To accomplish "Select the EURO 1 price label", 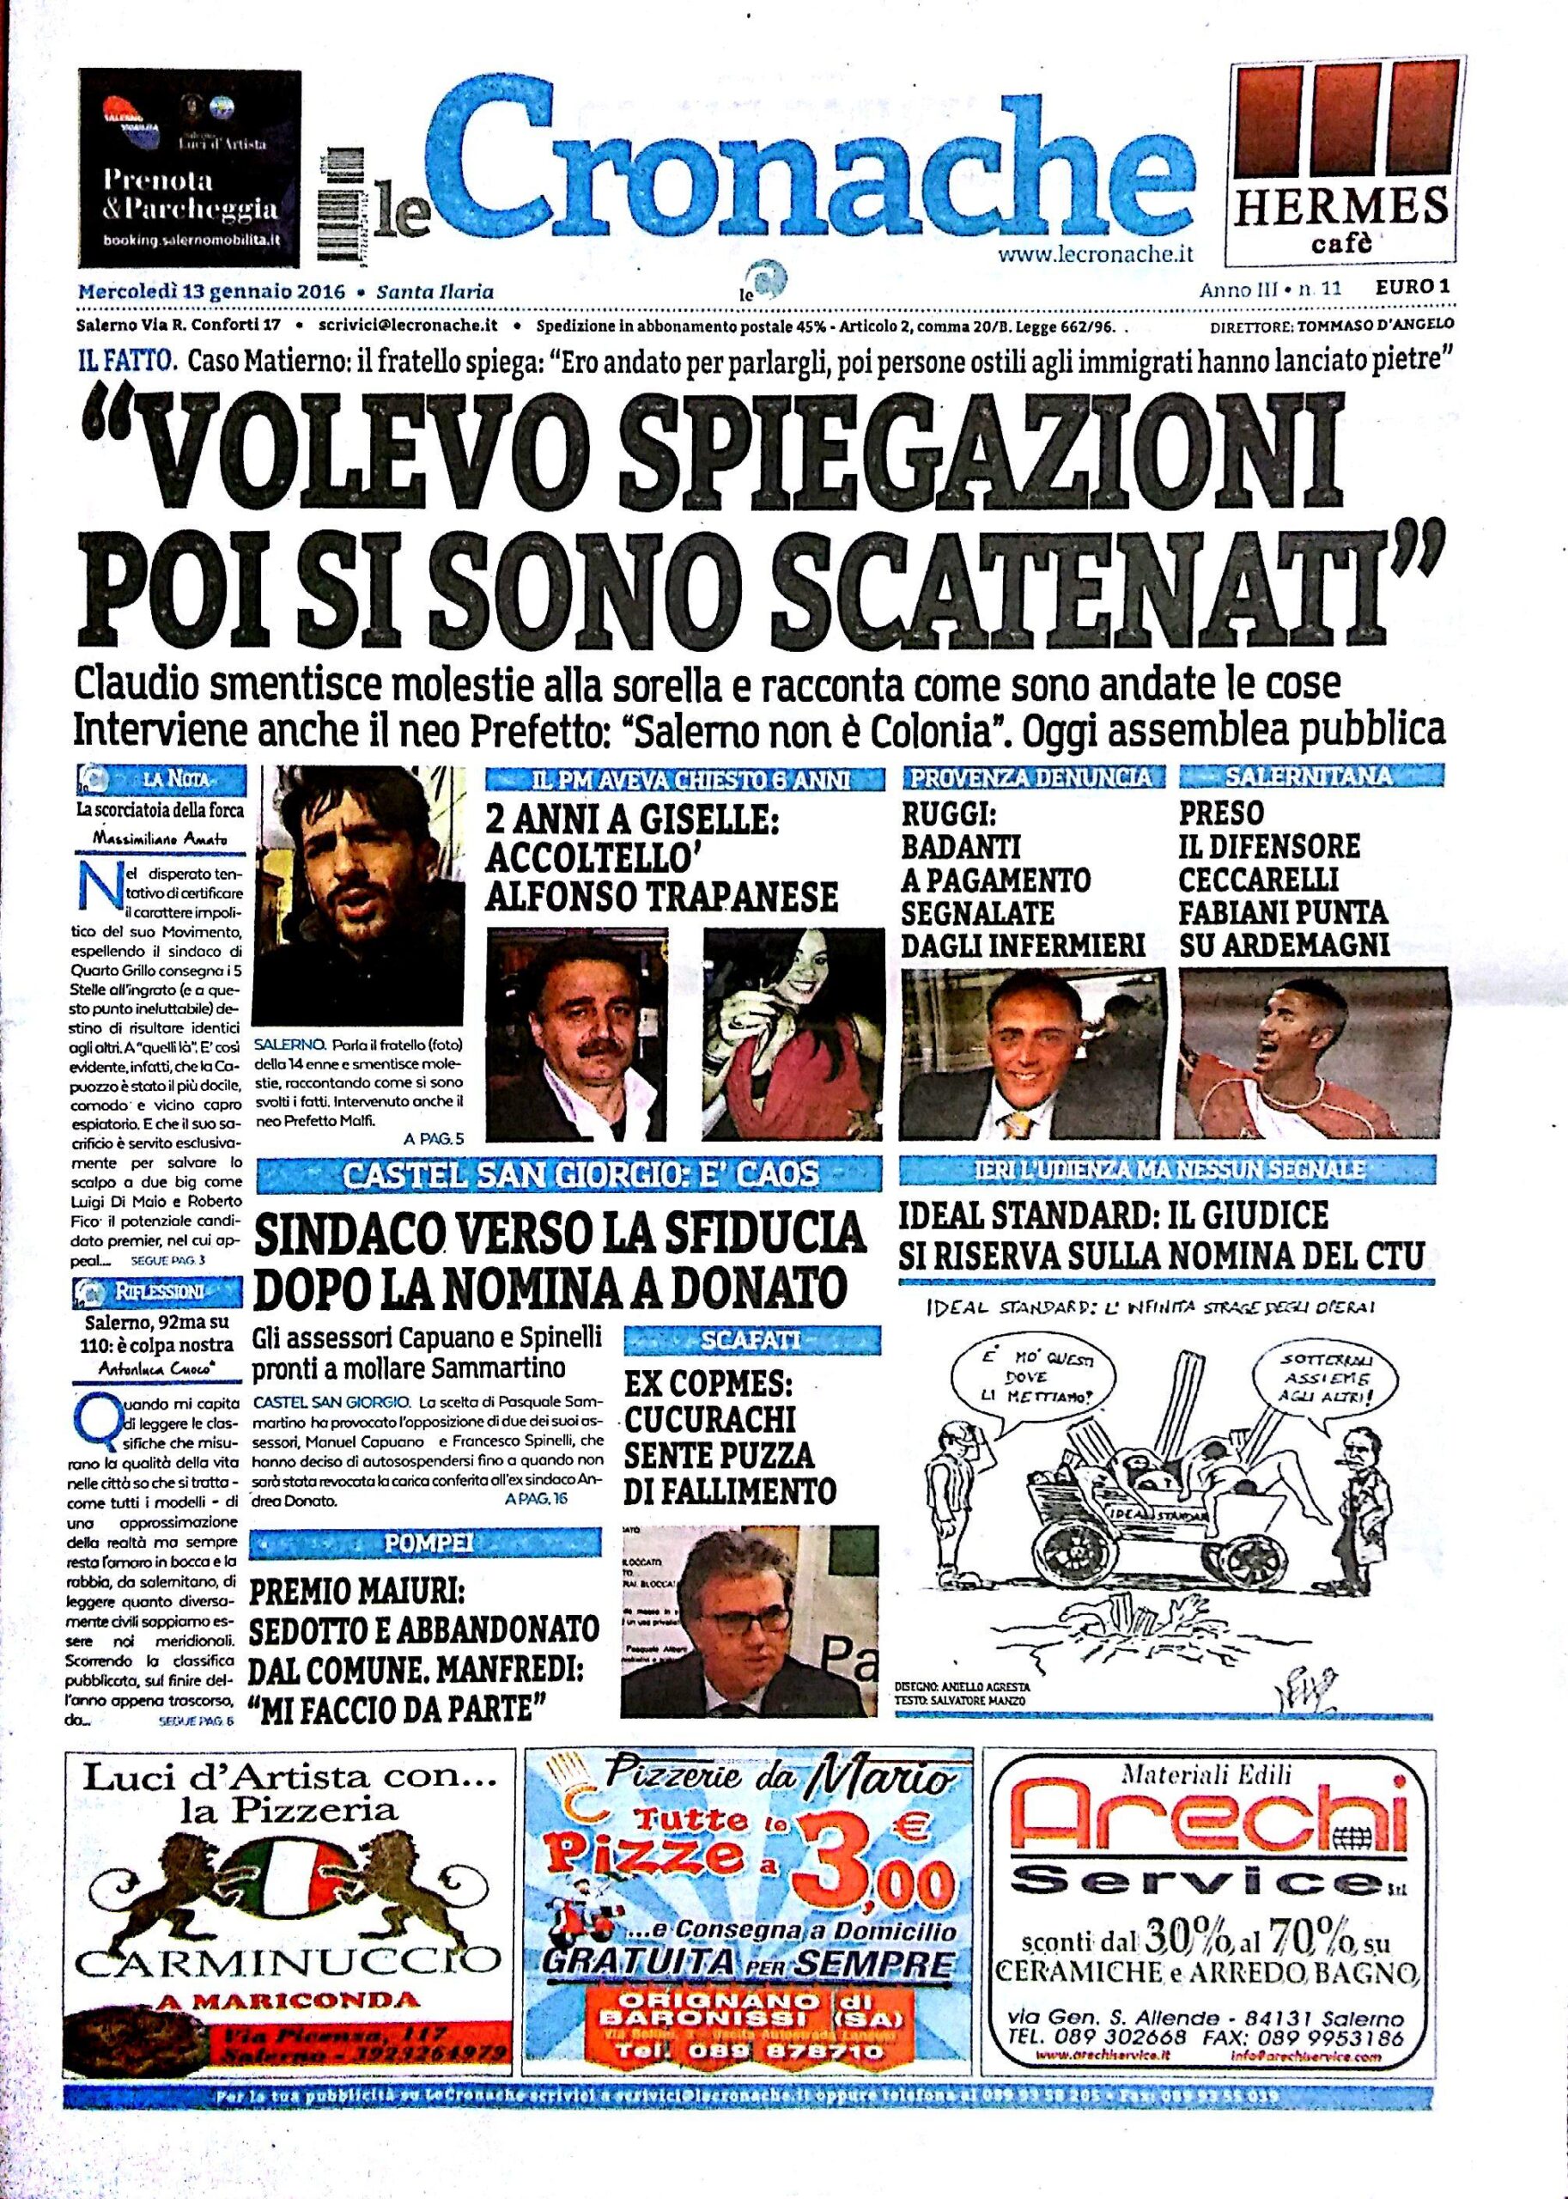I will coord(1415,288).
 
